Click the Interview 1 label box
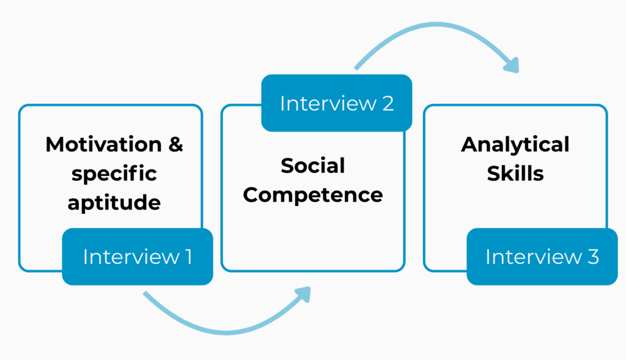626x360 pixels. click(138, 257)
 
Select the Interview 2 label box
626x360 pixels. click(336, 103)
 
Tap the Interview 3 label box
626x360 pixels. click(542, 257)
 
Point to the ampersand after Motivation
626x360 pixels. click(175, 145)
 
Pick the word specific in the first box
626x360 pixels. click(114, 174)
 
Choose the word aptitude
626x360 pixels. click(114, 202)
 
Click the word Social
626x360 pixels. click(312, 165)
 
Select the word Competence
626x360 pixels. click(312, 194)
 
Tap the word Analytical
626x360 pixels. click(515, 145)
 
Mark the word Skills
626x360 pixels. click(515, 174)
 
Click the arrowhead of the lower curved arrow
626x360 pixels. click(303, 295)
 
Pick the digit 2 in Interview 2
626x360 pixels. click(387, 103)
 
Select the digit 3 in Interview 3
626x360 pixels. click(592, 257)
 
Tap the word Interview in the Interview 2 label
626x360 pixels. click(328, 103)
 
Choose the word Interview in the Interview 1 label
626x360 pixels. click(129, 257)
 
